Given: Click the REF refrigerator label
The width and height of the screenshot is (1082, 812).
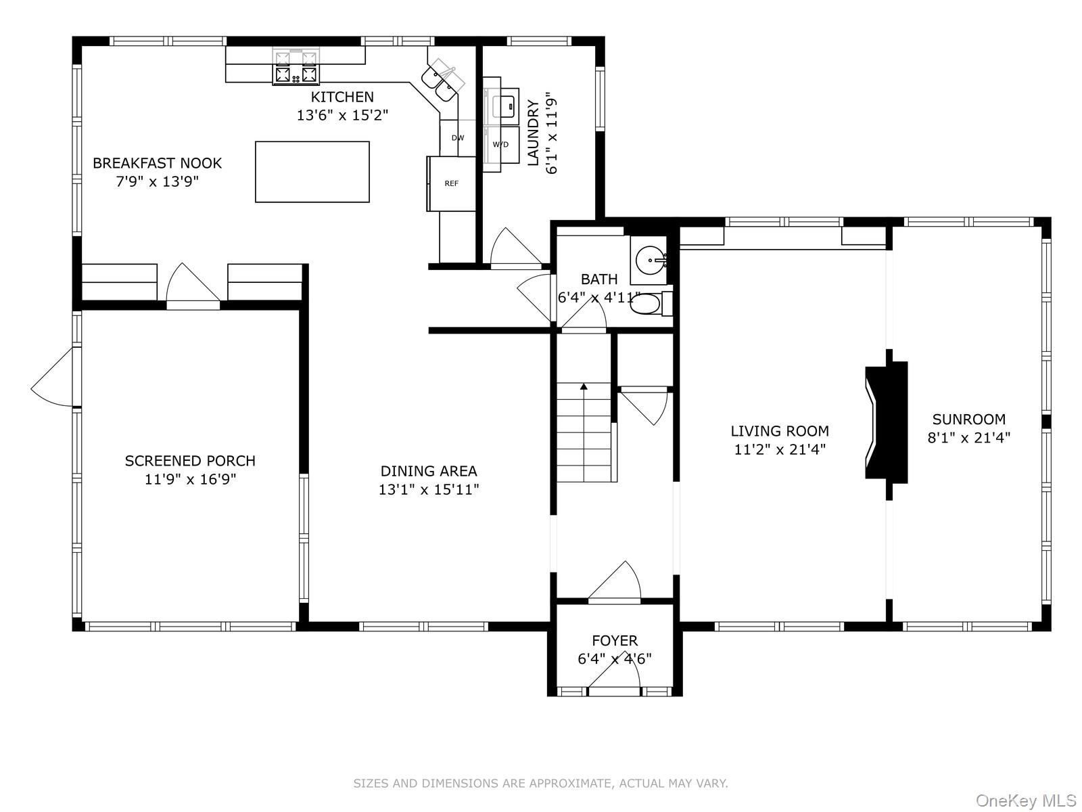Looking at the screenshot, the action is pyautogui.click(x=451, y=183).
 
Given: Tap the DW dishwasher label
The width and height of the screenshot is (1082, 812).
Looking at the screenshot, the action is pyautogui.click(x=458, y=138).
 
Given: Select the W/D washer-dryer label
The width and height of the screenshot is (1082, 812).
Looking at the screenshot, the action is pyautogui.click(x=500, y=144).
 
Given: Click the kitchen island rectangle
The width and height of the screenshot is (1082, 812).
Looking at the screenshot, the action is pyautogui.click(x=312, y=172).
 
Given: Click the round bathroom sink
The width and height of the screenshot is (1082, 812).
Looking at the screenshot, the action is pyautogui.click(x=651, y=260).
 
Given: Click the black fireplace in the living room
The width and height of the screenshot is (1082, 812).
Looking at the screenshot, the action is pyautogui.click(x=887, y=424).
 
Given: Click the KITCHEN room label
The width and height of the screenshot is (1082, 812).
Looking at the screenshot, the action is pyautogui.click(x=342, y=97).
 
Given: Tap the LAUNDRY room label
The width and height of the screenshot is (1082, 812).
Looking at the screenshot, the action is pyautogui.click(x=533, y=133).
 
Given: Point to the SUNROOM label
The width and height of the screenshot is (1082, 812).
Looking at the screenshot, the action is pyautogui.click(x=968, y=419).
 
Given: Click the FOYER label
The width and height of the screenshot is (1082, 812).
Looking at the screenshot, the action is pyautogui.click(x=615, y=640).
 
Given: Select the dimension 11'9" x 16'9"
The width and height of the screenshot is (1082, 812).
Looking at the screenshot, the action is pyautogui.click(x=190, y=479).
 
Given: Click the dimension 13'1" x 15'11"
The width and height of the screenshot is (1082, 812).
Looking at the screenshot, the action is pyautogui.click(x=429, y=489).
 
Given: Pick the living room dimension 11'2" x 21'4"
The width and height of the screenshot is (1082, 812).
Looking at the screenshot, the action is pyautogui.click(x=780, y=449).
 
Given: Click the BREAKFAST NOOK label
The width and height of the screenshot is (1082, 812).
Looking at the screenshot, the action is pyautogui.click(x=158, y=163).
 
